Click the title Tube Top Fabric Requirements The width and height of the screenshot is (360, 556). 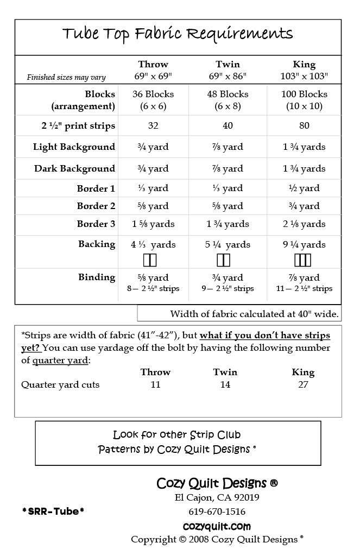pyautogui.click(x=178, y=34)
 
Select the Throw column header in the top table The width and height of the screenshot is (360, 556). pyautogui.click(x=153, y=65)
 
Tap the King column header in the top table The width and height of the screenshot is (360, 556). pyautogui.click(x=304, y=65)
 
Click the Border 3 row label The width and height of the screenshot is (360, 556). pyautogui.click(x=96, y=224)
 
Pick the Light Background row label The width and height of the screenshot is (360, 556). pyautogui.click(x=74, y=147)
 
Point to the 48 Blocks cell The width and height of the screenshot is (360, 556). pyautogui.click(x=228, y=94)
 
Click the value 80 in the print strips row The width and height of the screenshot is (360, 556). pyautogui.click(x=304, y=126)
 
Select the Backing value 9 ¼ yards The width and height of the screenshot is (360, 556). pyautogui.click(x=304, y=245)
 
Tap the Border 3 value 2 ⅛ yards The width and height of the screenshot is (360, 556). pyautogui.click(x=304, y=224)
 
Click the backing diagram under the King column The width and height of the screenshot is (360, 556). pyautogui.click(x=303, y=260)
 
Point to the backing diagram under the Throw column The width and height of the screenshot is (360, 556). pyautogui.click(x=150, y=260)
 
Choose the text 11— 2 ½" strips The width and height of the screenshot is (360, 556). pyautogui.click(x=304, y=289)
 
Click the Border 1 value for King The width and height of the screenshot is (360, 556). pyautogui.click(x=304, y=189)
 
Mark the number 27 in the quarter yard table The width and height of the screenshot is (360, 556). pyautogui.click(x=303, y=385)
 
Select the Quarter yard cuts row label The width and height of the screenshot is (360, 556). pyautogui.click(x=60, y=385)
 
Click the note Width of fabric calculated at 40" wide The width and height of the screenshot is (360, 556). pyautogui.click(x=254, y=314)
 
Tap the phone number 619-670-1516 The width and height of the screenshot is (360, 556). pyautogui.click(x=217, y=511)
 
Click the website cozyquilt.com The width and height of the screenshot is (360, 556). pyautogui.click(x=217, y=526)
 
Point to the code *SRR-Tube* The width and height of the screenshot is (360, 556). pyautogui.click(x=53, y=511)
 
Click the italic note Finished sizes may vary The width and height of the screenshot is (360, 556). pyautogui.click(x=66, y=78)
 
